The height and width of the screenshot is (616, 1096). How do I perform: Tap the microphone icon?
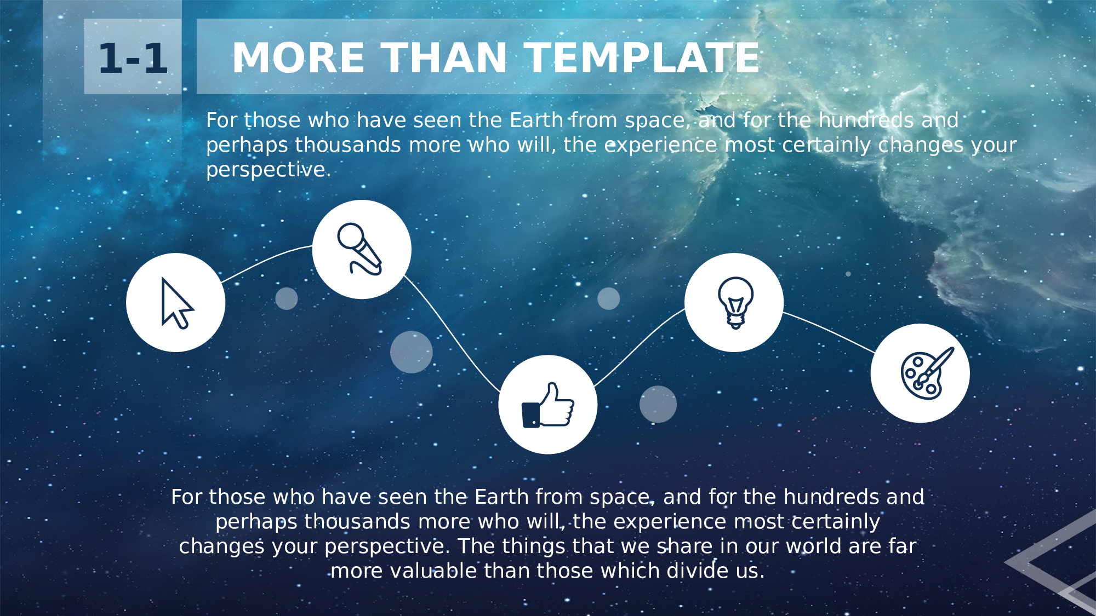click(359, 249)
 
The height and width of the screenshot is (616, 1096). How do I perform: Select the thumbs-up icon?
click(547, 405)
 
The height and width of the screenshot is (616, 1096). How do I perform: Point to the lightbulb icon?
click(735, 303)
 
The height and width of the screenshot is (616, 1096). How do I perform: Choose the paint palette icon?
click(927, 373)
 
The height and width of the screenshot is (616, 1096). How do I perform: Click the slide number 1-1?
click(133, 58)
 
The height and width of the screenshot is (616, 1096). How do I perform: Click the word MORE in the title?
click(298, 57)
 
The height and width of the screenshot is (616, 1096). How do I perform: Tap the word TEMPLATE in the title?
click(642, 57)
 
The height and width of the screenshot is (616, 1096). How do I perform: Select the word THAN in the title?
click(444, 57)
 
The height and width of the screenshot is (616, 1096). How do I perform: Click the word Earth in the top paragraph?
click(536, 120)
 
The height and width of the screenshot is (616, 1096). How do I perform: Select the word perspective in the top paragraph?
click(269, 170)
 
